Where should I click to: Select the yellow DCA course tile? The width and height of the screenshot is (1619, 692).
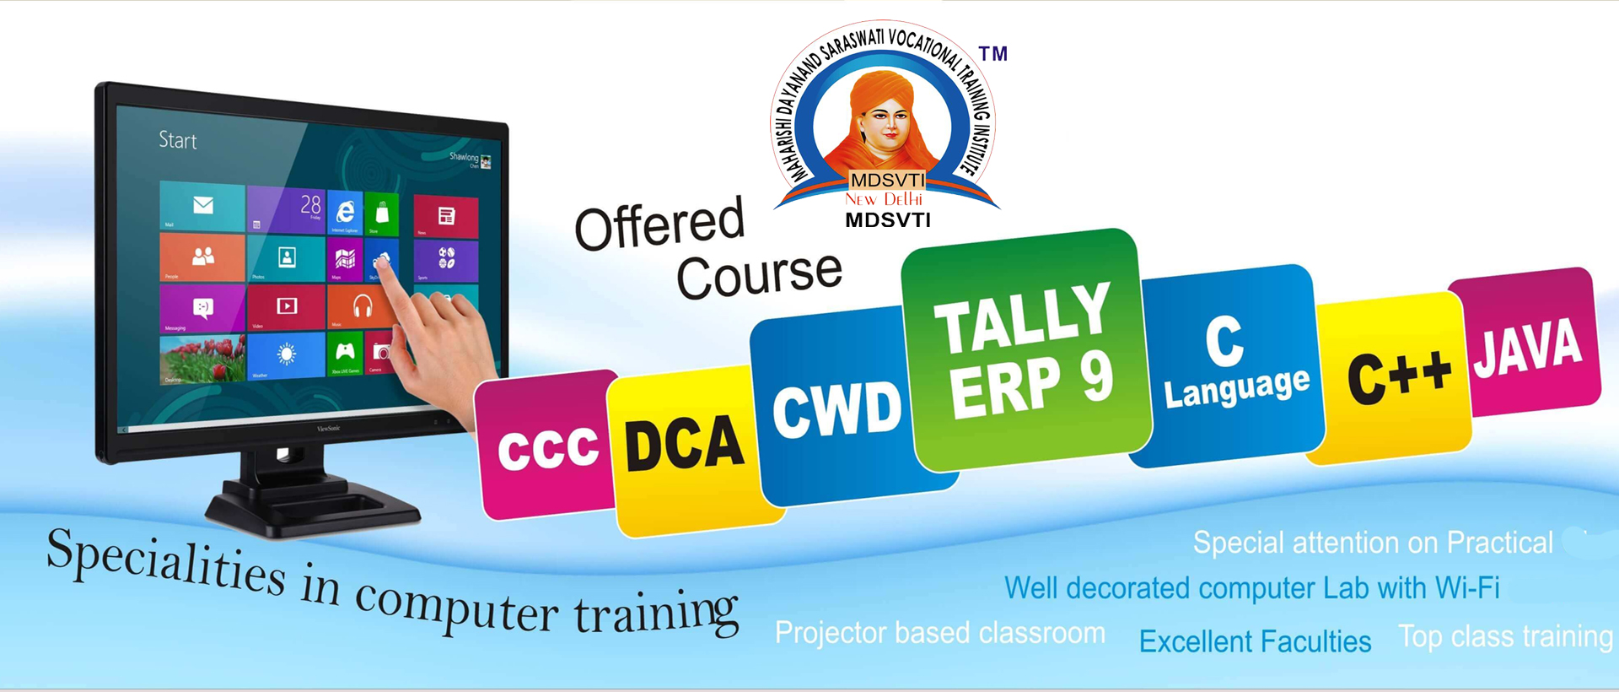pos(685,447)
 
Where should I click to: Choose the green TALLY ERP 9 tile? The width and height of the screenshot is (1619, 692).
pos(1025,350)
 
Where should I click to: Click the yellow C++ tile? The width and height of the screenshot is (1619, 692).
pos(1396,376)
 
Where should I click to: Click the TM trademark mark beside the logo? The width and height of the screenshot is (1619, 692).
pos(993,55)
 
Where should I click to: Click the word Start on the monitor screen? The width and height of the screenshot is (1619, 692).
pos(178,140)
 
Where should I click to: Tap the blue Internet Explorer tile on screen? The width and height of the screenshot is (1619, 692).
pos(345,212)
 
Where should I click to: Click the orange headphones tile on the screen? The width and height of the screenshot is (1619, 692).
pos(362,305)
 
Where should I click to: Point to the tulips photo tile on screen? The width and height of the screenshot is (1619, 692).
pos(202,358)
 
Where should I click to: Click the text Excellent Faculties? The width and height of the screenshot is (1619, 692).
pos(1255,642)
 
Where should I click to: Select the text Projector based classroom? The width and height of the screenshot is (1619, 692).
pos(939,633)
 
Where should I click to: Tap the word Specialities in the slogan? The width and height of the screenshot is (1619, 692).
pos(164,563)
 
